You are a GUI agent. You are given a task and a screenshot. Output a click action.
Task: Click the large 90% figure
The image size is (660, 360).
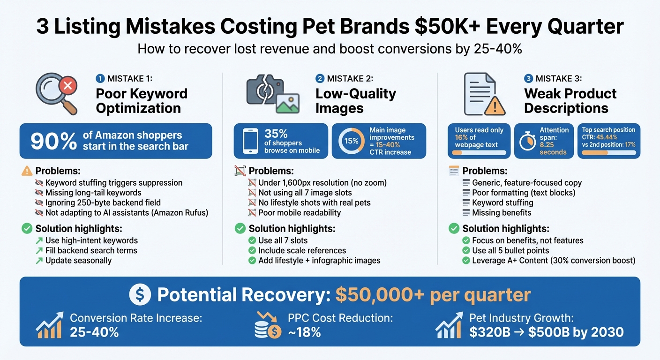(x=53, y=142)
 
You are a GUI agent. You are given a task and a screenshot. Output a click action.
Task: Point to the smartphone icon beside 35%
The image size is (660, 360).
(x=250, y=141)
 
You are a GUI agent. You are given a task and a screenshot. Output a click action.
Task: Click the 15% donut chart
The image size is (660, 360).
(x=352, y=141)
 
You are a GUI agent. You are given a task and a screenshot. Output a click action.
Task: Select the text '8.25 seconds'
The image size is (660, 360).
(x=553, y=149)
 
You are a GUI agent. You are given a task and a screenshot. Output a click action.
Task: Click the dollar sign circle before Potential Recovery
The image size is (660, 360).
(x=140, y=295)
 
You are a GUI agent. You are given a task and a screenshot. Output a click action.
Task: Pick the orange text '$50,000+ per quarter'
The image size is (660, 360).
(x=433, y=295)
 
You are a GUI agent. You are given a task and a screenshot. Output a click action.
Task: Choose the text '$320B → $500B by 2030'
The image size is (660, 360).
(x=546, y=332)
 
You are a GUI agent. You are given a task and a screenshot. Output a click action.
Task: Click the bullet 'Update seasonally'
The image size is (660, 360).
(x=78, y=260)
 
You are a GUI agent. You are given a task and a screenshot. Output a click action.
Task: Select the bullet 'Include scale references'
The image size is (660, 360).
(x=302, y=250)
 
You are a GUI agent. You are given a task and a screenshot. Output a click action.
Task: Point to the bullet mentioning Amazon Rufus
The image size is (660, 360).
(x=127, y=212)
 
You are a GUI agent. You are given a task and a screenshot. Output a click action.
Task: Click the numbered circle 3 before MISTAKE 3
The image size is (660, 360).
(x=528, y=79)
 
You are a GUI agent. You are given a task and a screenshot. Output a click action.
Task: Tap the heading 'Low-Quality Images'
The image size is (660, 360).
(x=355, y=101)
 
